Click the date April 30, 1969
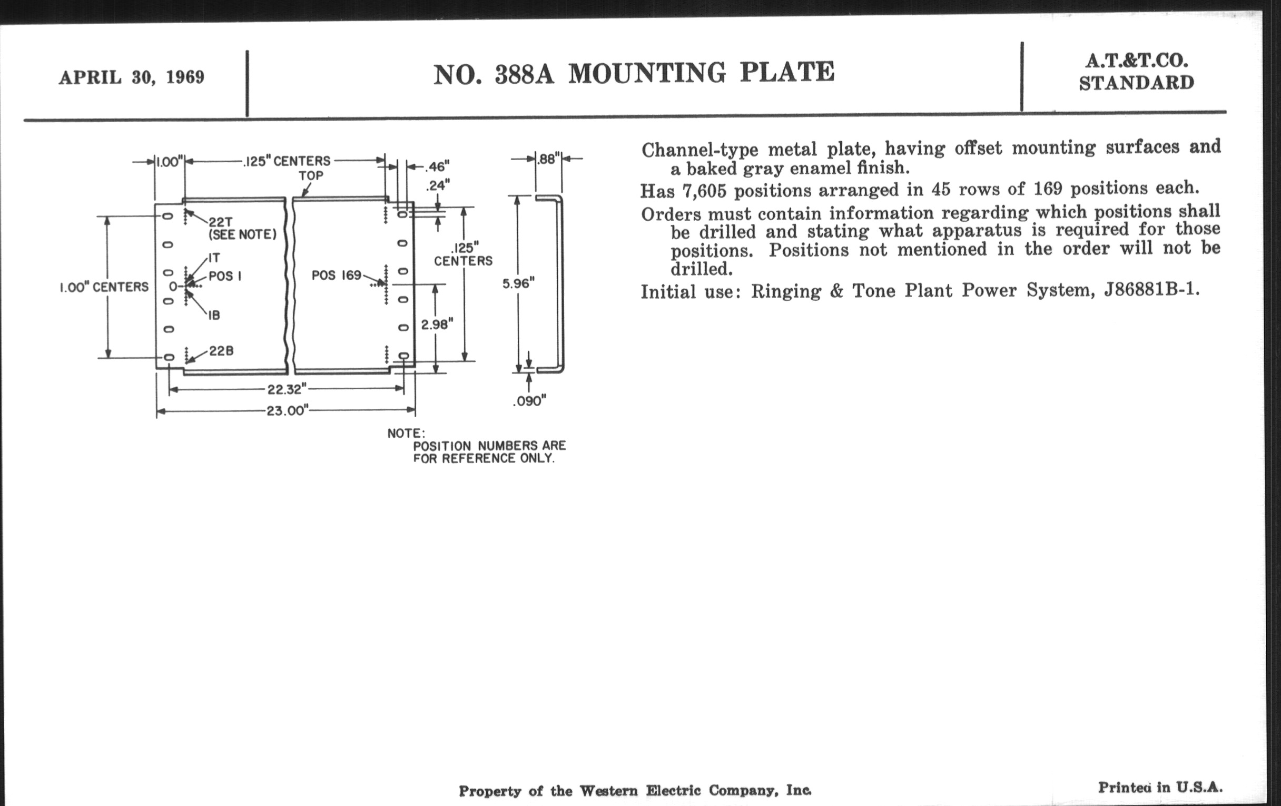(x=131, y=77)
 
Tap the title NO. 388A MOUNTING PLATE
(x=634, y=73)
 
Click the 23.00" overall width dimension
(x=287, y=411)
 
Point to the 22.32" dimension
(x=287, y=389)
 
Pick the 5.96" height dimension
(x=518, y=283)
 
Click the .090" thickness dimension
(x=529, y=401)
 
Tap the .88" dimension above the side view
(x=548, y=159)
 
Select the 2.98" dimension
(x=437, y=324)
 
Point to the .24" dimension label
(x=437, y=185)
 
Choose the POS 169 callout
(x=336, y=276)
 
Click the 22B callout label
(x=221, y=351)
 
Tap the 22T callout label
(x=220, y=222)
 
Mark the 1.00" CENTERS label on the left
(x=104, y=287)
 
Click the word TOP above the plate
(x=311, y=175)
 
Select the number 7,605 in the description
(x=704, y=191)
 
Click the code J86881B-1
(x=1152, y=290)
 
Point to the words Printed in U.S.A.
(x=1160, y=788)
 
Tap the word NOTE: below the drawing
(x=406, y=434)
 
